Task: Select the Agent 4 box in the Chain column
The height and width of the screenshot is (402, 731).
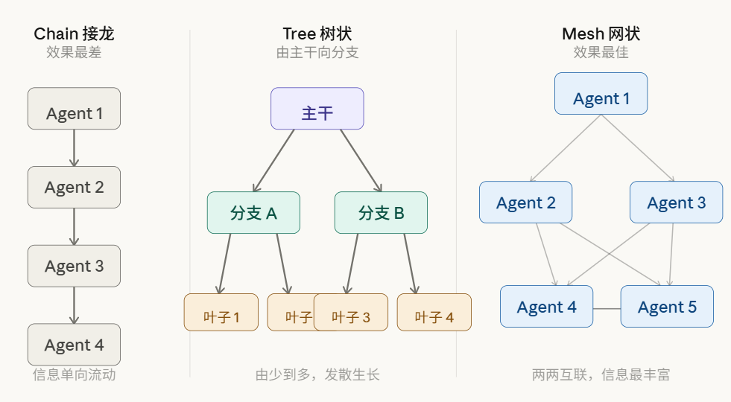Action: coord(74,345)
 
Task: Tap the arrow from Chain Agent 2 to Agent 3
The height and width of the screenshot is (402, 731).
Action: coord(74,226)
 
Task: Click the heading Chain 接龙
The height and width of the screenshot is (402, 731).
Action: coord(74,33)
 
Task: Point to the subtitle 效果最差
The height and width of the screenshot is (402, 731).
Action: coord(74,53)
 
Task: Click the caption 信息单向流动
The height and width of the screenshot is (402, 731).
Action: coord(74,374)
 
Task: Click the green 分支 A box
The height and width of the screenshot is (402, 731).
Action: coord(253,213)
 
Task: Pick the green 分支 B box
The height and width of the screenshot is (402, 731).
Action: coord(381,213)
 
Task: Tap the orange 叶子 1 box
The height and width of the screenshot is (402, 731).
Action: coord(221,313)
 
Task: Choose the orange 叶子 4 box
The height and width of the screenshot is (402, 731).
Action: coord(434,313)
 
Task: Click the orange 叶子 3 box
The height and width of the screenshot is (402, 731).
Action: coord(351,313)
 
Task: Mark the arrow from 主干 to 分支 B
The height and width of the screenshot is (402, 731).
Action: coord(361,160)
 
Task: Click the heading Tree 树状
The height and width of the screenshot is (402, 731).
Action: coord(317,33)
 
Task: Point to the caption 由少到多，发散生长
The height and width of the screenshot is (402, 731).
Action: coord(317,374)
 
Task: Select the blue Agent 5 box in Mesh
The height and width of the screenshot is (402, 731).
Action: coord(667,307)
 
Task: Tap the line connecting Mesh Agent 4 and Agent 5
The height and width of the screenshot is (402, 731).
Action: coord(607,308)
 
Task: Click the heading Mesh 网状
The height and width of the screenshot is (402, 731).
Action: coord(601,33)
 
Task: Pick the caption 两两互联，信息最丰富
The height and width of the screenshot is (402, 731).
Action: coord(601,374)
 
